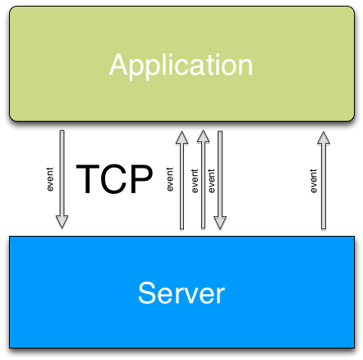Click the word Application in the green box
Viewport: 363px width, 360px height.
coord(181,66)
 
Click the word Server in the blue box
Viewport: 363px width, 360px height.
coord(181,293)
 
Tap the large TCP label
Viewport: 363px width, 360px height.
coord(114,179)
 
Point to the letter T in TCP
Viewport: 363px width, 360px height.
coord(87,179)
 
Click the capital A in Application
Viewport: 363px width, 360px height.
coord(120,64)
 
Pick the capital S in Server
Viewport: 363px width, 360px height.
coord(148,293)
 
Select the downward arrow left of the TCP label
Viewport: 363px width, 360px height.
coord(62,179)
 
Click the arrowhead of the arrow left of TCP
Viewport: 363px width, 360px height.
coord(62,222)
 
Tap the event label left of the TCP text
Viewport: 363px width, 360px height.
coord(49,179)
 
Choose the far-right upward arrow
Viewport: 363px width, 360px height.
coord(324,180)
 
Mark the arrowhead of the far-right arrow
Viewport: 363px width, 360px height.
coord(324,138)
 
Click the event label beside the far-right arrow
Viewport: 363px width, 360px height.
coord(314,181)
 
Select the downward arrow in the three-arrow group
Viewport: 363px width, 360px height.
coord(220,180)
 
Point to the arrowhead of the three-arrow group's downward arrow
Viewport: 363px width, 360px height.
coord(220,223)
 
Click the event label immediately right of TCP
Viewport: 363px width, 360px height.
coord(170,179)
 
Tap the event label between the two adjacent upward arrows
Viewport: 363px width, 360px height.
coord(195,181)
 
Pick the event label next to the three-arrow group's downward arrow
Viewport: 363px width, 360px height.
coord(211,181)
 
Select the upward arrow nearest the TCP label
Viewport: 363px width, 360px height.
coord(181,180)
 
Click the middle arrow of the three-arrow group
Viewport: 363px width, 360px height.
coord(203,179)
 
